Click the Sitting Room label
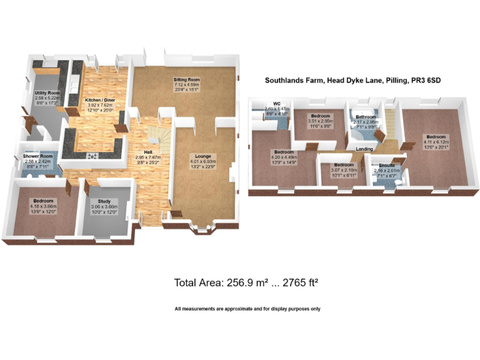(186, 81)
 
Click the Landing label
(364, 149)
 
